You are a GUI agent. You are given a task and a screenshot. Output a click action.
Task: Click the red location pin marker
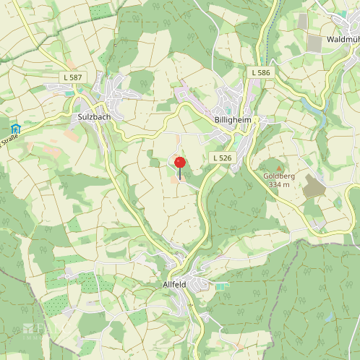[180, 163]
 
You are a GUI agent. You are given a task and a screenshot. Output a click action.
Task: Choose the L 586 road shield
[261, 73]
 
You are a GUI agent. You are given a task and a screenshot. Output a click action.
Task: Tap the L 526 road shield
[222, 158]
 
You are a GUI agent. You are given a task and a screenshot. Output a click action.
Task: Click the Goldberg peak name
[276, 176]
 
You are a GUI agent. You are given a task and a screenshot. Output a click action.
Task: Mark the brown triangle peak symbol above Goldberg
[277, 166]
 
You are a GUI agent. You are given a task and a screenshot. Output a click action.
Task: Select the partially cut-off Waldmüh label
[343, 38]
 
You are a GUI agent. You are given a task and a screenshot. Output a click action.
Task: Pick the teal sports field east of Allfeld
[220, 286]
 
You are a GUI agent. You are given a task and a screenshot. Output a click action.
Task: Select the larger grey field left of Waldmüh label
[314, 43]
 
